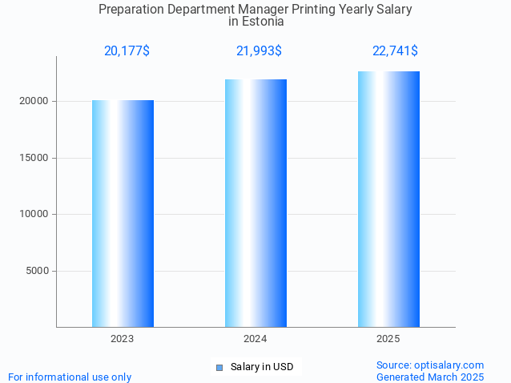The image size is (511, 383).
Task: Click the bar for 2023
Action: coord(123,213)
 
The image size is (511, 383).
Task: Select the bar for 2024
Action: coord(255,203)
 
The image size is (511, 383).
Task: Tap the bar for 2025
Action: coord(388,199)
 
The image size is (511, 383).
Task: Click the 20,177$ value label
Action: coord(127,51)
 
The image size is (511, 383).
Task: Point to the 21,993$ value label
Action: coord(259,51)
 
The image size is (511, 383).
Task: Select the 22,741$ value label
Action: coord(395,51)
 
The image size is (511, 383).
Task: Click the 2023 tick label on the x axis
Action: coord(123,340)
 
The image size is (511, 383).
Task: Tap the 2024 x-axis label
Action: coord(255,340)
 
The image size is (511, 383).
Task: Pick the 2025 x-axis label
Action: coord(388,340)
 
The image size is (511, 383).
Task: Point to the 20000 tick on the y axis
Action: coord(34,102)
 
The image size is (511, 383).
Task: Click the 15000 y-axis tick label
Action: coord(34,158)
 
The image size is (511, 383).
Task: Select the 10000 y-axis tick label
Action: coord(34,215)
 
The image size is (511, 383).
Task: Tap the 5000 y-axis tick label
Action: coord(36,271)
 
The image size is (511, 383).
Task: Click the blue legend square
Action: coord(219,368)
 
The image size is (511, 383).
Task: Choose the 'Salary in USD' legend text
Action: coord(262,368)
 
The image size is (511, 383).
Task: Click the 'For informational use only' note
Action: coord(70,377)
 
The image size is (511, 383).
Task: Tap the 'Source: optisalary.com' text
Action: coord(430,365)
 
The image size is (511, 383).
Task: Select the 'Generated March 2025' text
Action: coord(430,377)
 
